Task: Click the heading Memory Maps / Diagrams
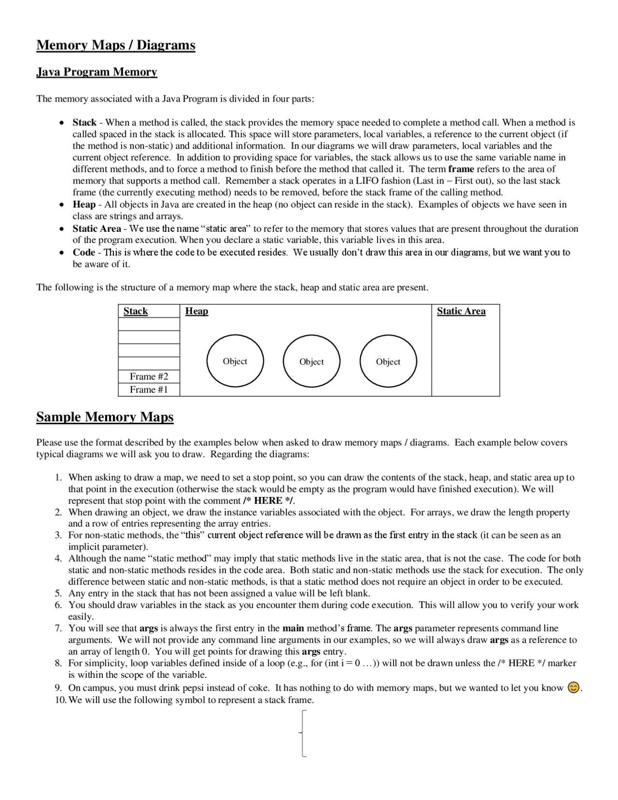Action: click(116, 45)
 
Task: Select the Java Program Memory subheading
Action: click(97, 72)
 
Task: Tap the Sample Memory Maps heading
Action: click(105, 417)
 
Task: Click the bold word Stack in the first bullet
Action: click(84, 123)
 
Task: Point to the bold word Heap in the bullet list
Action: click(84, 204)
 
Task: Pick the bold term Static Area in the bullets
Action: click(97, 229)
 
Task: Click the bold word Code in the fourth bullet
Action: click(84, 252)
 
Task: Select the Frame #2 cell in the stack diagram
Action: click(149, 376)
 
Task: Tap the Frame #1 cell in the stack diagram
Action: click(149, 389)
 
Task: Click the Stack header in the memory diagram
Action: click(136, 311)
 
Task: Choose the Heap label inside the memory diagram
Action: click(197, 311)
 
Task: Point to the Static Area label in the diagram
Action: click(461, 311)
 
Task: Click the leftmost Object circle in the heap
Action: click(235, 361)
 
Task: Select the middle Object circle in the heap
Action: click(311, 361)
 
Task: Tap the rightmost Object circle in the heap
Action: click(388, 361)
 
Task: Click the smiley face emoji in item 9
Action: click(573, 687)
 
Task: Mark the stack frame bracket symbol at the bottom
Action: click(303, 733)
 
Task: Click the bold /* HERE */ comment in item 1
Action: click(268, 500)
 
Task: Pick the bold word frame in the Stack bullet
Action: click(461, 169)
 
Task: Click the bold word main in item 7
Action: click(293, 628)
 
